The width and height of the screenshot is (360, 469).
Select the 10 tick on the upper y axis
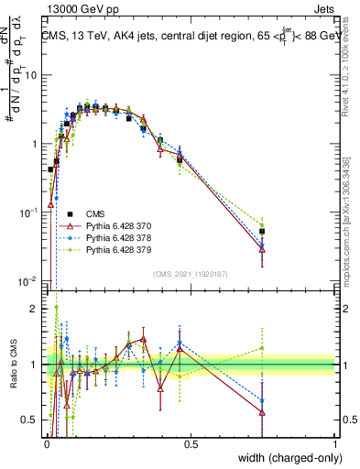coord(31,75)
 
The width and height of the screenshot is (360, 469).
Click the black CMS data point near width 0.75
coord(262,232)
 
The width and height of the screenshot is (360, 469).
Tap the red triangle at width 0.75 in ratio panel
coord(262,411)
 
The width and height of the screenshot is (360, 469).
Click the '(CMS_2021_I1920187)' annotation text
coord(190,273)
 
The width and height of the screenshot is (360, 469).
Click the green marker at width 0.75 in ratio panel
coord(262,348)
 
